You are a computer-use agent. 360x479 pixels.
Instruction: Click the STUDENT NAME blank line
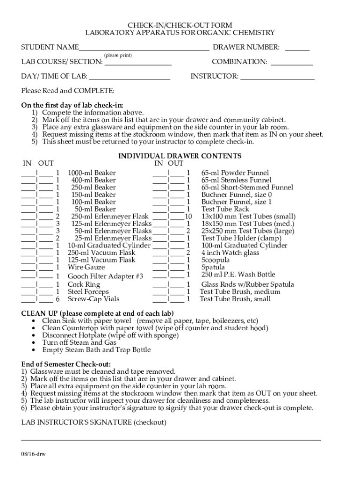point(144,48)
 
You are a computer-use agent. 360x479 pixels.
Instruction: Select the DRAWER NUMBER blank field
point(297,48)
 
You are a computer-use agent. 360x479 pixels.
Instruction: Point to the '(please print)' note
point(118,55)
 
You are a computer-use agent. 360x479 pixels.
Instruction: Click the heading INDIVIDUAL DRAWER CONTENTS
point(180,156)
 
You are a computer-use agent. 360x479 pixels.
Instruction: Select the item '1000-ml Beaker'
point(92,173)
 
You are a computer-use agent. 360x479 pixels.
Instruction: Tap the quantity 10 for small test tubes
point(188,217)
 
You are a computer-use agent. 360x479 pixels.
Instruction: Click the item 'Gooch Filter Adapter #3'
point(105,276)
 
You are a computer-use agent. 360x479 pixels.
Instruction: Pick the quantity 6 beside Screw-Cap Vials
point(58,299)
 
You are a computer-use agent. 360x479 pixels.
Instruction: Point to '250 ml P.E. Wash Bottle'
point(238,275)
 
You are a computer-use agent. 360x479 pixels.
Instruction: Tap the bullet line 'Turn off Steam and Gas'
point(79,342)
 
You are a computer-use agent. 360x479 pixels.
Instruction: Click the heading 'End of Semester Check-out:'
point(66,364)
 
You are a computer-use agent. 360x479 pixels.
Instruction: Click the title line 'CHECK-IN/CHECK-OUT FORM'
point(180,25)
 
